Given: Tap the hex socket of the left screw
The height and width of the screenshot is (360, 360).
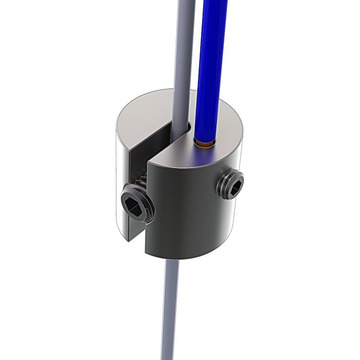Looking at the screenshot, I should click(x=132, y=205).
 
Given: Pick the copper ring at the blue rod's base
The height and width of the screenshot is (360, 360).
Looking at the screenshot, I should click(x=206, y=144).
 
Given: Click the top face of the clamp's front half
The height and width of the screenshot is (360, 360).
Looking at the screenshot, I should click(x=215, y=150).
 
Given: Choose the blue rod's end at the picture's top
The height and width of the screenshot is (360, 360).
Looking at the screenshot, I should click(x=215, y=4).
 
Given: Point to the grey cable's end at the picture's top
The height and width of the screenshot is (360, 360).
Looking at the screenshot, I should click(x=187, y=4).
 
